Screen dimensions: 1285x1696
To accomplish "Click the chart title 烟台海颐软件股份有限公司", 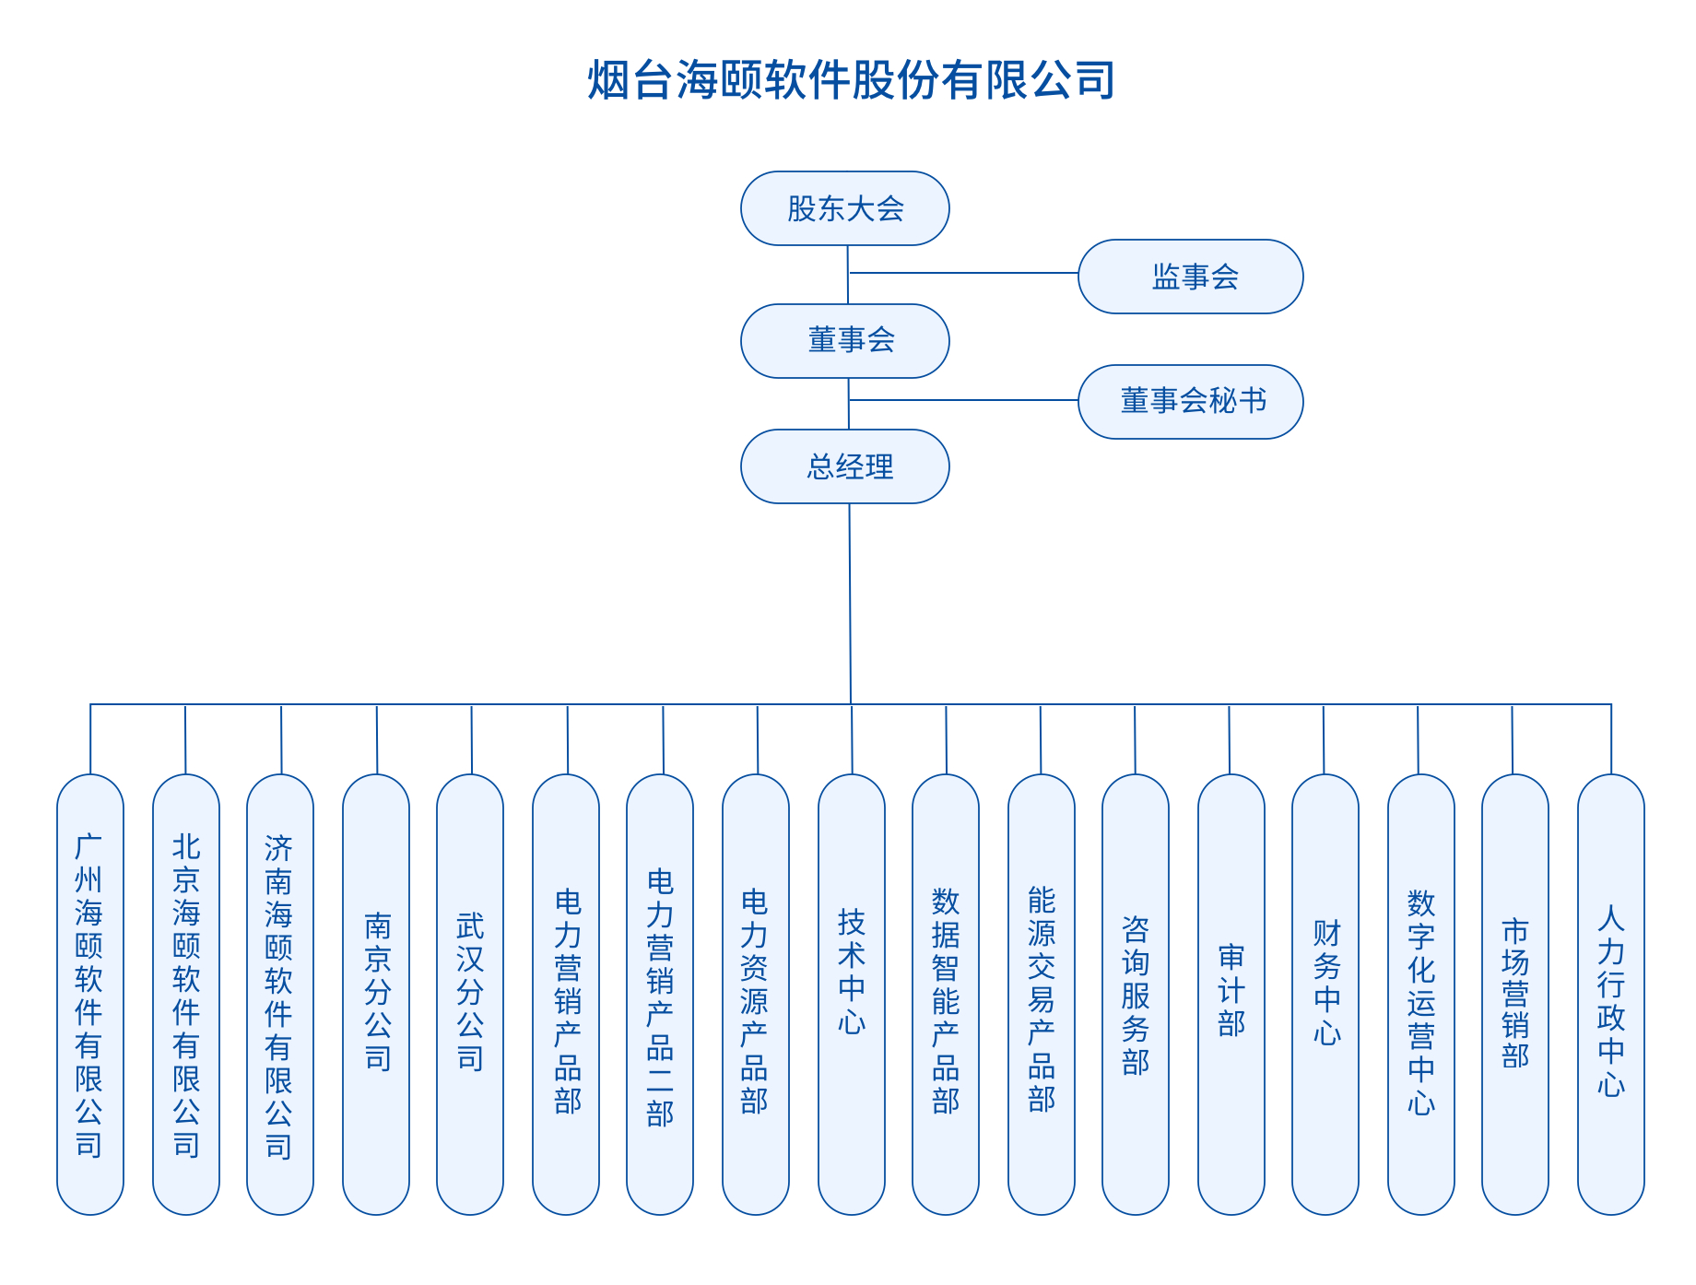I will click(851, 80).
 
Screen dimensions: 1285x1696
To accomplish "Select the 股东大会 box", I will click(845, 208).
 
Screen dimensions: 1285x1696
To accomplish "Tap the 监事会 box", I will click(1190, 277).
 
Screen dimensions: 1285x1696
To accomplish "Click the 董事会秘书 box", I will click(1190, 401).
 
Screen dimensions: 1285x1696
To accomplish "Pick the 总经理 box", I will click(845, 466).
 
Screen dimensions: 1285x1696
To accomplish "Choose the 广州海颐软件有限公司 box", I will click(90, 994).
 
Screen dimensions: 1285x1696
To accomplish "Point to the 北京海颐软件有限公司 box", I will click(186, 994).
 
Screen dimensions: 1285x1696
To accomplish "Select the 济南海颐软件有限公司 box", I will click(280, 994).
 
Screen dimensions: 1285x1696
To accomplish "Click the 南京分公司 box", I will click(376, 994).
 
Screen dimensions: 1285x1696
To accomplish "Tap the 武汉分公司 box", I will click(470, 994).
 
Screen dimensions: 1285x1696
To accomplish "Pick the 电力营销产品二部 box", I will click(660, 994).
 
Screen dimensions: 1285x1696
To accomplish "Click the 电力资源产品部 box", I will click(756, 994).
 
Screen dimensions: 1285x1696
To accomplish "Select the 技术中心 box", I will click(852, 994).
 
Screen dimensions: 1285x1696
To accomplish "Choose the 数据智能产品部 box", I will click(946, 994).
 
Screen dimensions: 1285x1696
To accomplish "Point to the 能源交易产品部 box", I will click(1042, 994).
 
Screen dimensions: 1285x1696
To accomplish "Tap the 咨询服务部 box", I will click(1136, 994).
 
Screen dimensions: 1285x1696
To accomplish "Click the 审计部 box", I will click(1231, 994).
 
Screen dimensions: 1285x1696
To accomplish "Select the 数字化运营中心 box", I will click(1421, 994).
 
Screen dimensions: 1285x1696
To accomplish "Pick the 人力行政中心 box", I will click(1611, 994).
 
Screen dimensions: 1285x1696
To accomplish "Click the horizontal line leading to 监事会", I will click(963, 273).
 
